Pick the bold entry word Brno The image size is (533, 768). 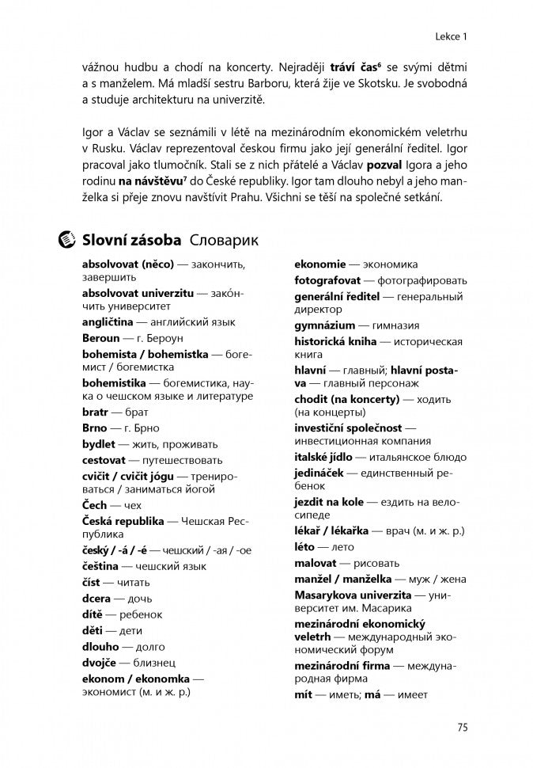tap(94, 428)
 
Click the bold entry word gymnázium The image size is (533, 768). tap(324, 325)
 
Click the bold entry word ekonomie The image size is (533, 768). tap(320, 264)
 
